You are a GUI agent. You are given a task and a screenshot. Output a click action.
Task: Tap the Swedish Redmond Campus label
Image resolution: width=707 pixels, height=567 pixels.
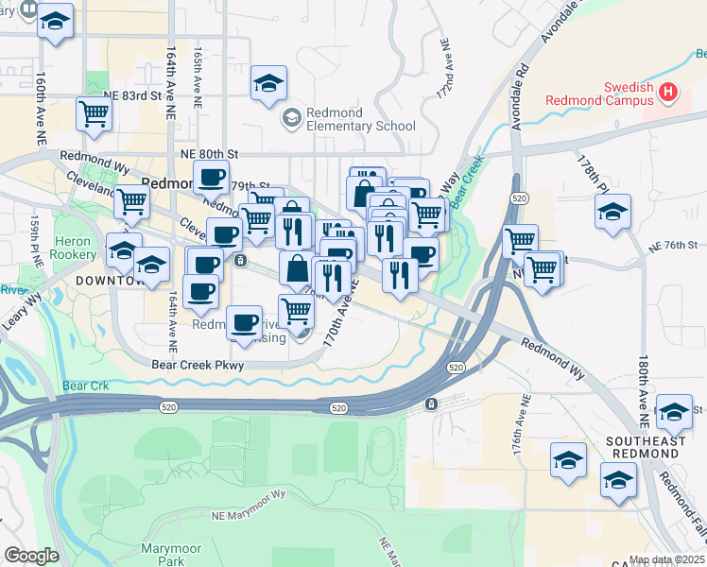(600, 94)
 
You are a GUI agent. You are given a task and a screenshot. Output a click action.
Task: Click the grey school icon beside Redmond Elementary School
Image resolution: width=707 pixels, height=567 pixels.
(292, 118)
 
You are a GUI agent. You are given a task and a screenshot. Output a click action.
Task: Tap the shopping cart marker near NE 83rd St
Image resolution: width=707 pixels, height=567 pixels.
(94, 114)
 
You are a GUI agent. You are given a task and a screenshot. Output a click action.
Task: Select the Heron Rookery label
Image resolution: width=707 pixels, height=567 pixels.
(74, 248)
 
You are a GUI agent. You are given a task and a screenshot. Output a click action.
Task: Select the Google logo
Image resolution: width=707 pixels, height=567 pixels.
(31, 556)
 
